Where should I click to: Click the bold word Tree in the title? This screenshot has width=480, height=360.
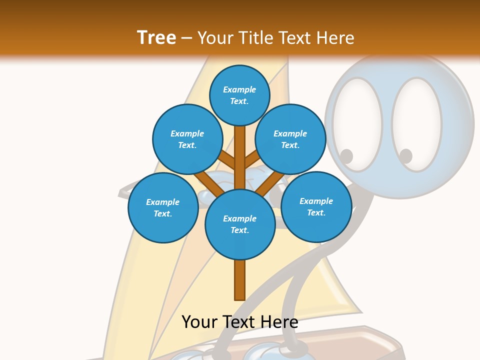tap(156, 37)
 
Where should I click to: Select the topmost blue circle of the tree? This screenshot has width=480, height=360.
tap(239, 95)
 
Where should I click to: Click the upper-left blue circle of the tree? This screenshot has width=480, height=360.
tap(187, 139)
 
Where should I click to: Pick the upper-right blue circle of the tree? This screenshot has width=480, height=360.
tap(290, 139)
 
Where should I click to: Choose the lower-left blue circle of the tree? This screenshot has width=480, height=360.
tap(162, 207)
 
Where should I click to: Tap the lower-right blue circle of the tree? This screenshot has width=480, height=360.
tap(316, 206)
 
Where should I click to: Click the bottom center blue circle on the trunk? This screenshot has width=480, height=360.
tap(239, 224)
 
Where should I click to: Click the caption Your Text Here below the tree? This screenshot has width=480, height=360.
tap(239, 321)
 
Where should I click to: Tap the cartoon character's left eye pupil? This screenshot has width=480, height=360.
tap(346, 156)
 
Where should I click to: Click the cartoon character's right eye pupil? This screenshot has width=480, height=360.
tap(405, 156)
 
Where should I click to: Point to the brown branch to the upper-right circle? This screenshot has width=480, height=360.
tap(253, 160)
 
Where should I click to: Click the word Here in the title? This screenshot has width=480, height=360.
tap(334, 38)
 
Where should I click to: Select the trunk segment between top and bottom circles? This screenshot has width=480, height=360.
tap(239, 155)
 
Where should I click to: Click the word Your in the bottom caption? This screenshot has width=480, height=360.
tap(199, 321)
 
